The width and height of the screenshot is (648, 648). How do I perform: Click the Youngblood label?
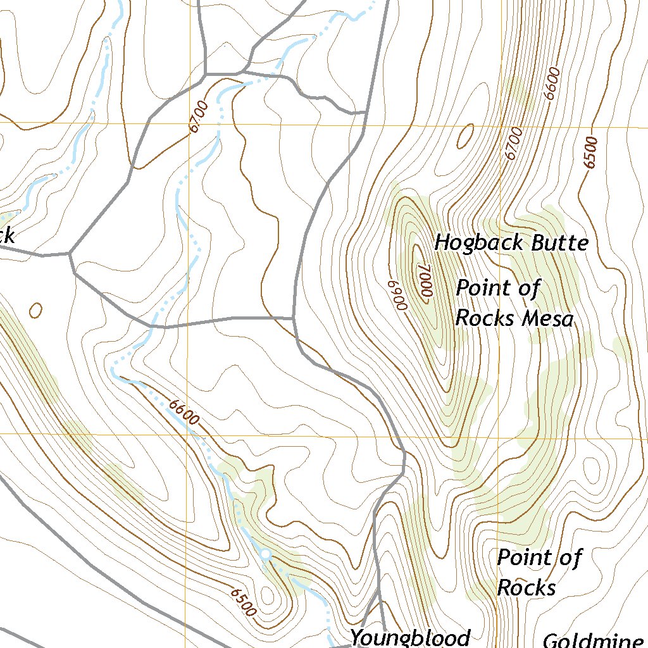411,637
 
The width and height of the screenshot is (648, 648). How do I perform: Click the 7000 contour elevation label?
424,280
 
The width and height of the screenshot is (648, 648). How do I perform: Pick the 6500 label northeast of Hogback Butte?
591,153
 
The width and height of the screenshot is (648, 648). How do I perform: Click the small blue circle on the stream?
265,555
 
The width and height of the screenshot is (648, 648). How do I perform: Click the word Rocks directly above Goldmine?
526,588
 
